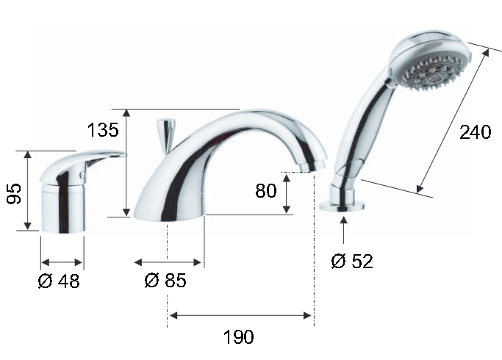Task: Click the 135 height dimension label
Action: tap(103, 130)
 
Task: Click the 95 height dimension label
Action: tap(14, 193)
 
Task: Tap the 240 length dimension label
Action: tap(475, 132)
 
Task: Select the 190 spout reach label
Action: tap(239, 337)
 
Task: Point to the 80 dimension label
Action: tap(266, 191)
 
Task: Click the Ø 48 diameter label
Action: tap(59, 281)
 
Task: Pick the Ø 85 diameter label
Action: tap(165, 281)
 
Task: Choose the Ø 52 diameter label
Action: tap(352, 261)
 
